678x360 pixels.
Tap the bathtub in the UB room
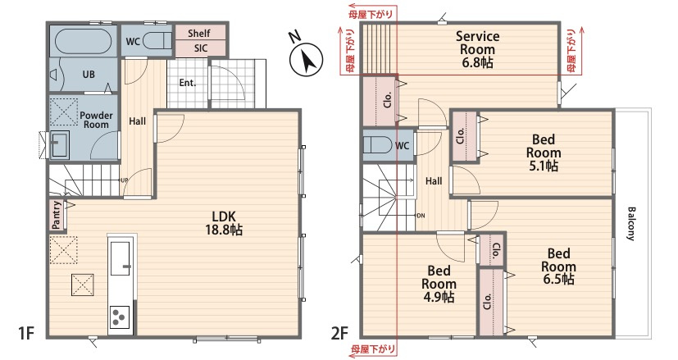pyautogui.click(x=84, y=42)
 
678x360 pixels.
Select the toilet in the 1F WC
pyautogui.click(x=157, y=42)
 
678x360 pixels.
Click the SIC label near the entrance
pyautogui.click(x=201, y=48)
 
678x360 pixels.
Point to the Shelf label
pyautogui.click(x=199, y=34)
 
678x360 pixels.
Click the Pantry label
pyautogui.click(x=57, y=215)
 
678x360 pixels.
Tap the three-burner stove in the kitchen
pyautogui.click(x=120, y=317)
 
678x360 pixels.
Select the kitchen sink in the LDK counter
pyautogui.click(x=121, y=258)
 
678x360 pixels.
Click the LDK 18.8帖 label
pyautogui.click(x=224, y=223)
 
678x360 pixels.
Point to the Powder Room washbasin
pyautogui.click(x=59, y=144)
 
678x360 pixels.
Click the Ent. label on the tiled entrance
pyautogui.click(x=188, y=83)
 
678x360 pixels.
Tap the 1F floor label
pyautogui.click(x=26, y=333)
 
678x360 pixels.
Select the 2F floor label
pyautogui.click(x=340, y=333)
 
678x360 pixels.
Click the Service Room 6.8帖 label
pyautogui.click(x=478, y=49)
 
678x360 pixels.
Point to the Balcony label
pyautogui.click(x=631, y=223)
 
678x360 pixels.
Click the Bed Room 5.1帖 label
pyautogui.click(x=544, y=153)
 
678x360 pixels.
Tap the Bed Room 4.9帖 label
pyautogui.click(x=439, y=284)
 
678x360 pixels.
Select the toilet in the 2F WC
pyautogui.click(x=377, y=145)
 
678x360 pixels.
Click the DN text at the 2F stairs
pyautogui.click(x=420, y=215)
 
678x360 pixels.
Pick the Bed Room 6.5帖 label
pyautogui.click(x=558, y=267)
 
